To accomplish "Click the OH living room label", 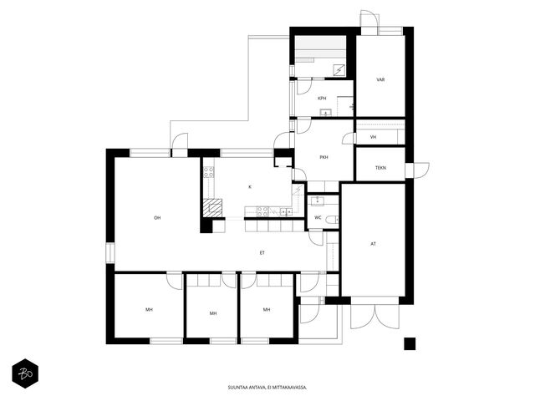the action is point(157,217).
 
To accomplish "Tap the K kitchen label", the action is point(250,187).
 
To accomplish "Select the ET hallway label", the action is point(262,252).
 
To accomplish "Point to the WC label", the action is point(318,217).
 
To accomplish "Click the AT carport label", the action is point(374,244).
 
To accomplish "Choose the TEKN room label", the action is point(381,168).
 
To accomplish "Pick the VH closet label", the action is point(374,137).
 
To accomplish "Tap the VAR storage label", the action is point(381,79).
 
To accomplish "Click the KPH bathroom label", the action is point(322,99).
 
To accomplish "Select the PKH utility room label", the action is point(324,157).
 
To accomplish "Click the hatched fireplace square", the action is point(212,208).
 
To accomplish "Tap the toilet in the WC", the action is point(332,220).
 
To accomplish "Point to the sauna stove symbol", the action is point(339,70).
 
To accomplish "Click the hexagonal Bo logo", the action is point(25,373).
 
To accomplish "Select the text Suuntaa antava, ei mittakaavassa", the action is point(267,388).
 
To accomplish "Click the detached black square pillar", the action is point(410,343).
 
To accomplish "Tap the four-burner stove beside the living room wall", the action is point(209,172).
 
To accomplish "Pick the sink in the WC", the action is point(318,200).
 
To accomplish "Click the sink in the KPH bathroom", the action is point(326,113).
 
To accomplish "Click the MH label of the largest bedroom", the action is point(149,310).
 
